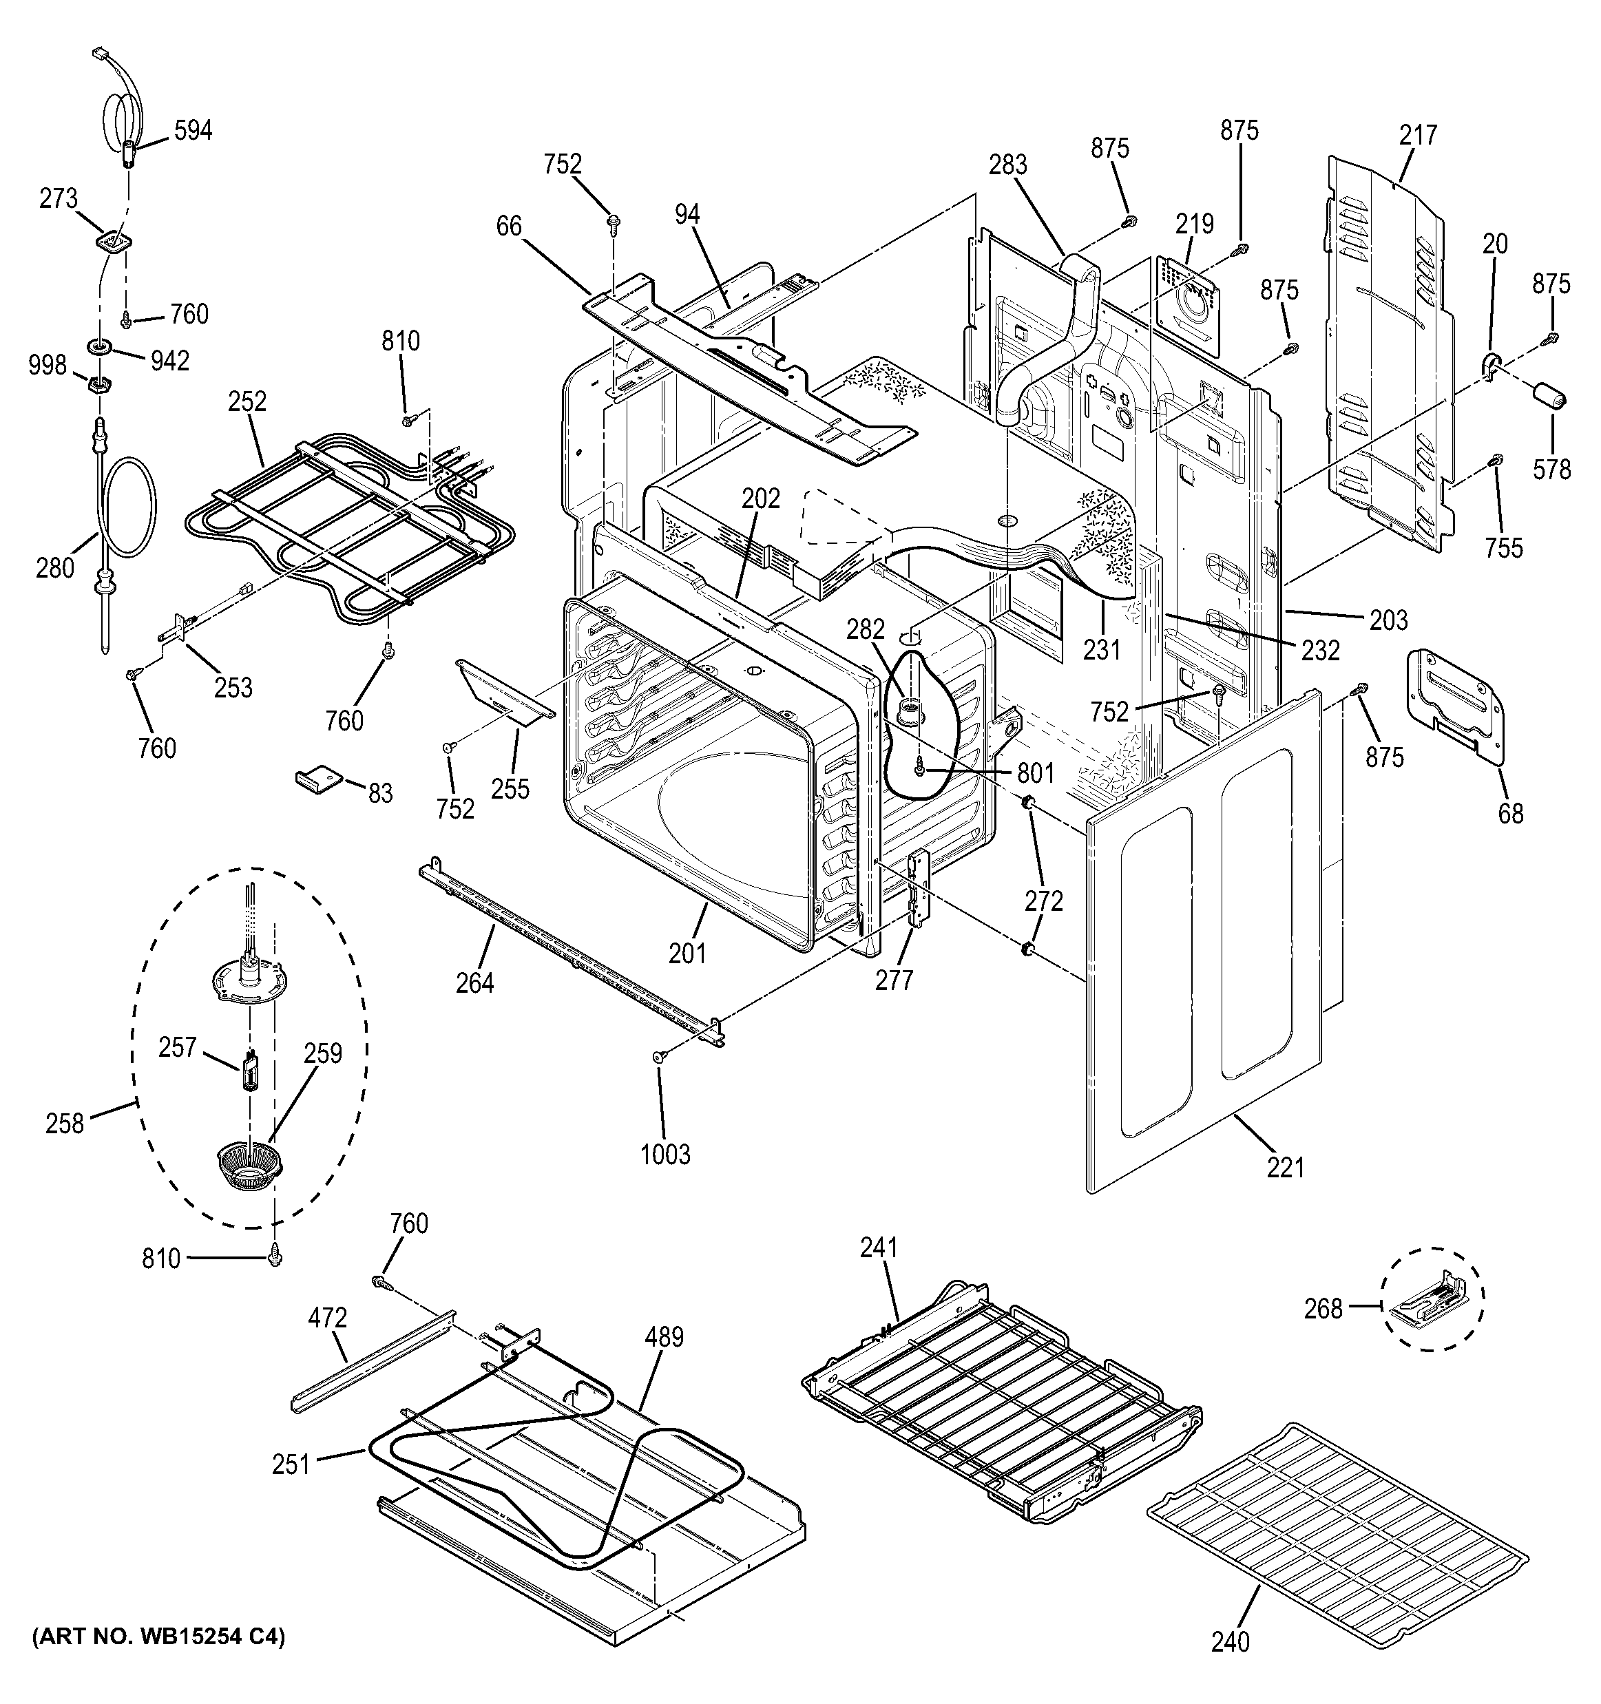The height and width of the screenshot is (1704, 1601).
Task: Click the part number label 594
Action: click(193, 131)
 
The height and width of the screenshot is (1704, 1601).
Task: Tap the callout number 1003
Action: click(665, 1154)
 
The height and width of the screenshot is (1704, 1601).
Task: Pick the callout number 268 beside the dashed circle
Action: click(1323, 1333)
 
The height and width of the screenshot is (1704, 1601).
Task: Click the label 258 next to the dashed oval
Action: click(65, 1123)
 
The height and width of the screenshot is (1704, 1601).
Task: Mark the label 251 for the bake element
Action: click(291, 1465)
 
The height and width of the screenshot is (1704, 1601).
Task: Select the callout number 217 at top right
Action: click(1418, 136)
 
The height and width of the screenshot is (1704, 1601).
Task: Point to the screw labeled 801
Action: click(920, 770)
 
